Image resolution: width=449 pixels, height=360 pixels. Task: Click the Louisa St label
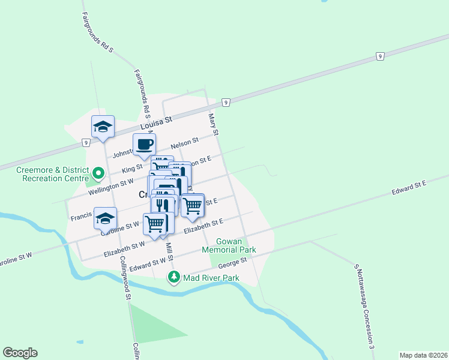click(x=156, y=124)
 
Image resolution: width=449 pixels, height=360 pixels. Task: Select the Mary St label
click(x=212, y=124)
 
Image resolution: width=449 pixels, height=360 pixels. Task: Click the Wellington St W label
click(x=110, y=184)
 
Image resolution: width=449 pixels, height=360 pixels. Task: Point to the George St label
click(x=233, y=262)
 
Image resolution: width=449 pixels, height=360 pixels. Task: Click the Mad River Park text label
click(x=211, y=278)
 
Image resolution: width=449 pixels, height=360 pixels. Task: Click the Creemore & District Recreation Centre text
click(x=49, y=175)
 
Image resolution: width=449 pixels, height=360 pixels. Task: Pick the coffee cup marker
click(x=145, y=145)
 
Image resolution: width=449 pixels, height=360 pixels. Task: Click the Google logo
click(x=20, y=353)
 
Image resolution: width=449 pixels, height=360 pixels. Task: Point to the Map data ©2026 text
click(x=423, y=355)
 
